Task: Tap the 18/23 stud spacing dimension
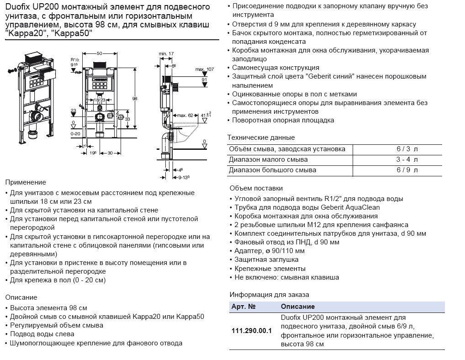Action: [100, 100]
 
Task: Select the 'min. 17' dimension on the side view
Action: [165, 54]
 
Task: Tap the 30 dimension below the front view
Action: [110, 153]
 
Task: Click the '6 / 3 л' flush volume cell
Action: [407, 149]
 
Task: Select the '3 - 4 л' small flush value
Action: [407, 159]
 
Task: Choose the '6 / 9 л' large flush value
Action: [407, 170]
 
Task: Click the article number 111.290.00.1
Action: [252, 330]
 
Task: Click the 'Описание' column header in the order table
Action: [297, 307]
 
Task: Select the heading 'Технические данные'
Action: [261, 138]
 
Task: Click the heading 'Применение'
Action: [26, 182]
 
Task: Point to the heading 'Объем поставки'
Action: [256, 188]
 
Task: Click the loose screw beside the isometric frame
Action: [12, 70]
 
